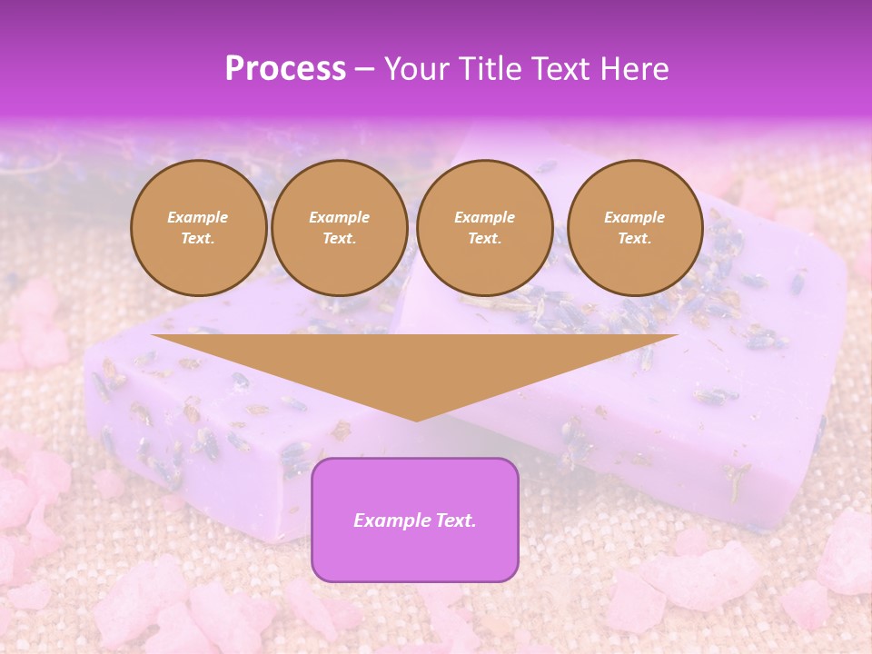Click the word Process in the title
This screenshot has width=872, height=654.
tap(285, 68)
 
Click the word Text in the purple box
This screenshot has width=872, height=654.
tap(455, 520)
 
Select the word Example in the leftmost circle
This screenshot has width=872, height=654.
tap(198, 217)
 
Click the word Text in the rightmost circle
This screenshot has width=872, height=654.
tap(634, 238)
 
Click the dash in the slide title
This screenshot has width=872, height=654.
tap(364, 69)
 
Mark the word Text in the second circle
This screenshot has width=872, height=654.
tap(339, 238)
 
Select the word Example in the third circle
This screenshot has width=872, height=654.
tap(484, 217)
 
